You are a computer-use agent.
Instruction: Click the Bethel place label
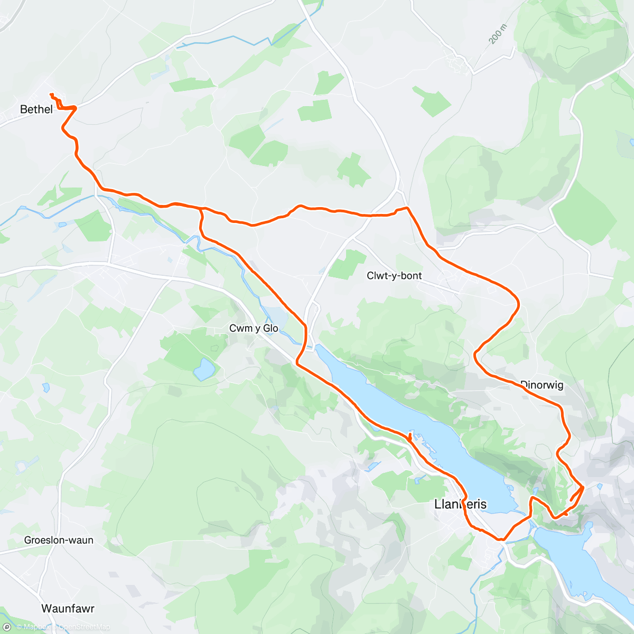click(36, 109)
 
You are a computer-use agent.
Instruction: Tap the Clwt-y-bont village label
click(394, 276)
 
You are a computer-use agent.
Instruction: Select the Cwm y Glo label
click(254, 329)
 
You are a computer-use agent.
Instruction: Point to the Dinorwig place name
click(542, 385)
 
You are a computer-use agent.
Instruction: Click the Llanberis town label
click(460, 504)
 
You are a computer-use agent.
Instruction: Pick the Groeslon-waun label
click(59, 540)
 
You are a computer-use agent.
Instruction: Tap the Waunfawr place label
click(68, 609)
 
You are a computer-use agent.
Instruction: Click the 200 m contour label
click(497, 34)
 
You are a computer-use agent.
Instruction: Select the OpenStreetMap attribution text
click(84, 627)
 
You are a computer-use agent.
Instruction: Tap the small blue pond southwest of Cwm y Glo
click(204, 369)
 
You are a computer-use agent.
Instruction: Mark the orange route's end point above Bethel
click(51, 95)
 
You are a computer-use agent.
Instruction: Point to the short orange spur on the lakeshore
click(410, 436)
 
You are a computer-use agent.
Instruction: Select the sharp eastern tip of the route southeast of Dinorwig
click(583, 487)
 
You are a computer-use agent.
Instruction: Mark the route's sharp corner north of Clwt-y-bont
click(407, 208)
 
